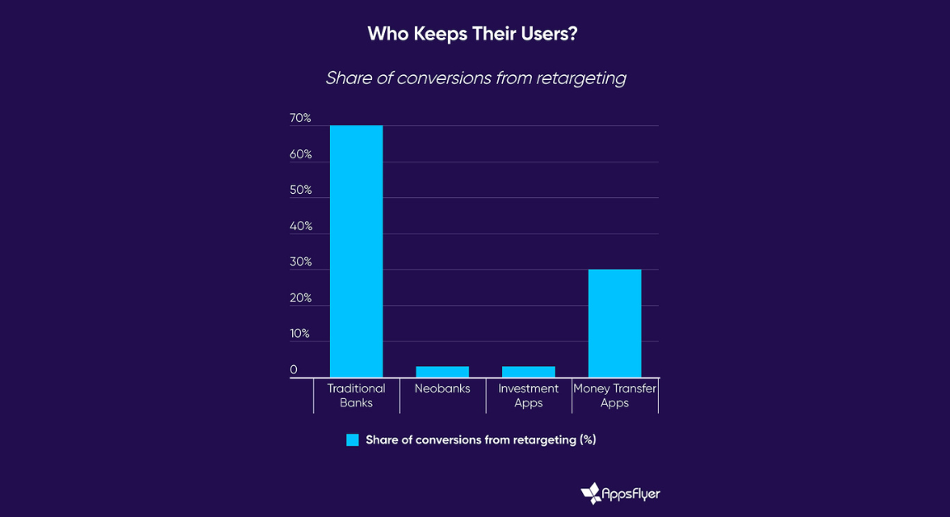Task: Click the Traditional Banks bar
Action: pyautogui.click(x=356, y=251)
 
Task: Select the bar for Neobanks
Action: pyautogui.click(x=442, y=372)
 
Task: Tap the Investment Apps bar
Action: pyautogui.click(x=529, y=372)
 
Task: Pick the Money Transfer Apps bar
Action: pyautogui.click(x=614, y=323)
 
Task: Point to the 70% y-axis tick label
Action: pyautogui.click(x=300, y=119)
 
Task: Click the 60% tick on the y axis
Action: pyautogui.click(x=300, y=155)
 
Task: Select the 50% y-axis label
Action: pyautogui.click(x=300, y=190)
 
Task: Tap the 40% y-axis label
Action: pyautogui.click(x=300, y=227)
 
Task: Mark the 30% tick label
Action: pyautogui.click(x=300, y=262)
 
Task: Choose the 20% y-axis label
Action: pyautogui.click(x=300, y=298)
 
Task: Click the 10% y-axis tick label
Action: pyautogui.click(x=300, y=334)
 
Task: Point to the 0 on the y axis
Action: pyautogui.click(x=294, y=370)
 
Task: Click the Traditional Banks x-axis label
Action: pyautogui.click(x=356, y=396)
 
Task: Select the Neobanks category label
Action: pyautogui.click(x=442, y=388)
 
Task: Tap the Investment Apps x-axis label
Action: pyautogui.click(x=529, y=396)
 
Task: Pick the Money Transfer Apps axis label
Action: pyautogui.click(x=614, y=396)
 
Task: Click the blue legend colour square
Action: pyautogui.click(x=353, y=440)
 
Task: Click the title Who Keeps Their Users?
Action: pyautogui.click(x=475, y=34)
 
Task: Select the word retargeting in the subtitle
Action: pyautogui.click(x=581, y=78)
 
